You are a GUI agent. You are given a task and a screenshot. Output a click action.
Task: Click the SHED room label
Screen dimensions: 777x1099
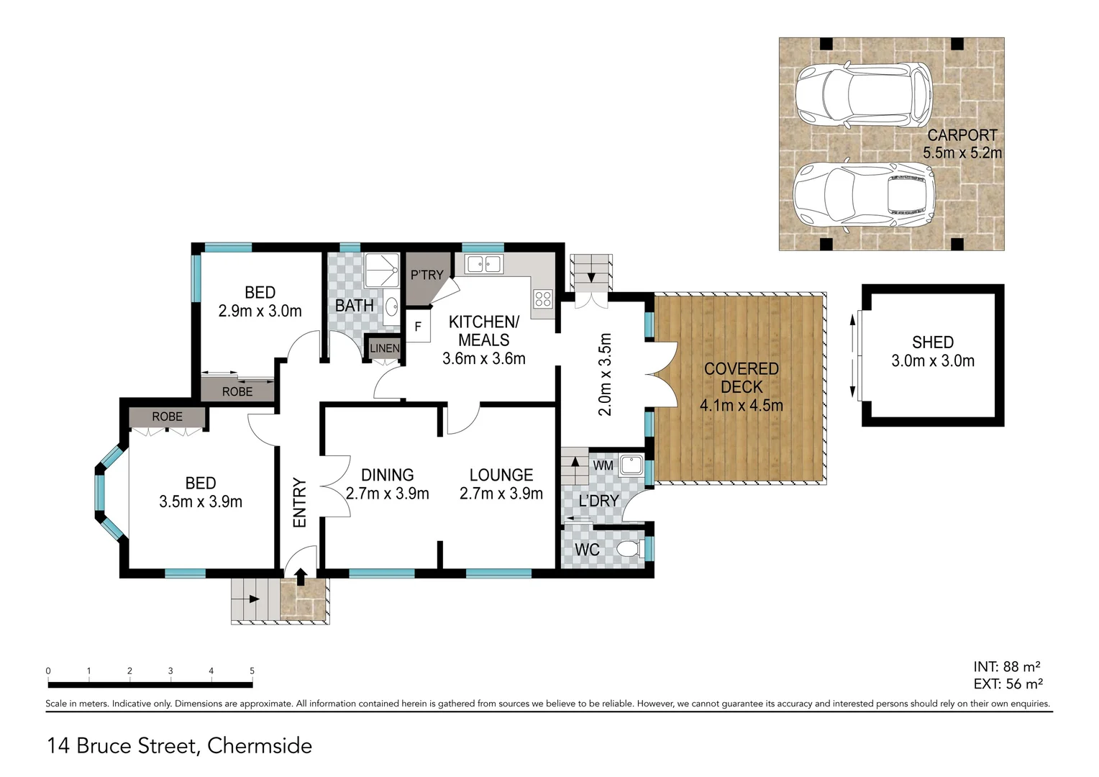(x=933, y=343)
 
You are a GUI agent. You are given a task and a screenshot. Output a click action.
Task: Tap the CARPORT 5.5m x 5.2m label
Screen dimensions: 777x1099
(x=962, y=144)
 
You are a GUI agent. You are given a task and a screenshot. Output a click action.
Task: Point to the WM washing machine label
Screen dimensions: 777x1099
(x=603, y=465)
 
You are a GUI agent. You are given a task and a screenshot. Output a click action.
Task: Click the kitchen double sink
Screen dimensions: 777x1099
(x=483, y=265)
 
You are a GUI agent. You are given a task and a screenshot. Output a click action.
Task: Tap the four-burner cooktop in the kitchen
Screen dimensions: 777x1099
(x=543, y=299)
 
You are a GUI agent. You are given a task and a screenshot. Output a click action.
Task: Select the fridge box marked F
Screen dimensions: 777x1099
(x=418, y=327)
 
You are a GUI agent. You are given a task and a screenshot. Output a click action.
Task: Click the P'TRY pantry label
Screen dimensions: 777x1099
(x=427, y=275)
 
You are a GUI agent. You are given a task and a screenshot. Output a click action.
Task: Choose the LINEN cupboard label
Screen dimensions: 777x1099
(x=384, y=348)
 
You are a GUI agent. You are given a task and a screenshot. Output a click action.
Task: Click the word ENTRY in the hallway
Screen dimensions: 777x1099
(x=300, y=503)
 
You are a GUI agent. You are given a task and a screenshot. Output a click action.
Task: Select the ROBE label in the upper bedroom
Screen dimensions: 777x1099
(x=237, y=391)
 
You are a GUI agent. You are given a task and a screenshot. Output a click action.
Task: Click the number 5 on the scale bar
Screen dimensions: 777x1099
(x=252, y=671)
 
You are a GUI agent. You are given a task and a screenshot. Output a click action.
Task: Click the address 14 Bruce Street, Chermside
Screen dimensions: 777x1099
(x=180, y=746)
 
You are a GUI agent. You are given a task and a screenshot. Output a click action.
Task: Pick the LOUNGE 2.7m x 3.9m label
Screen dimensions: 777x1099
(x=501, y=483)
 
